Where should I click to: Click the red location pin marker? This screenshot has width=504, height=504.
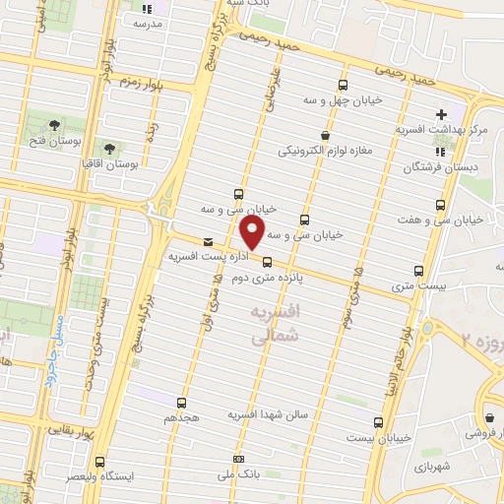coord(253,233)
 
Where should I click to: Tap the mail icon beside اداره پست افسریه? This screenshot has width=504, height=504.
coord(207,241)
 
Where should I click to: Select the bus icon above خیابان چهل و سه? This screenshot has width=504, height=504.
coord(343,85)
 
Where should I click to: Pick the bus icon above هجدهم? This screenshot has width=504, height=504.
coord(180,403)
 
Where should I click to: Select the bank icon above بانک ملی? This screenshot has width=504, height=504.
coord(237,459)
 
